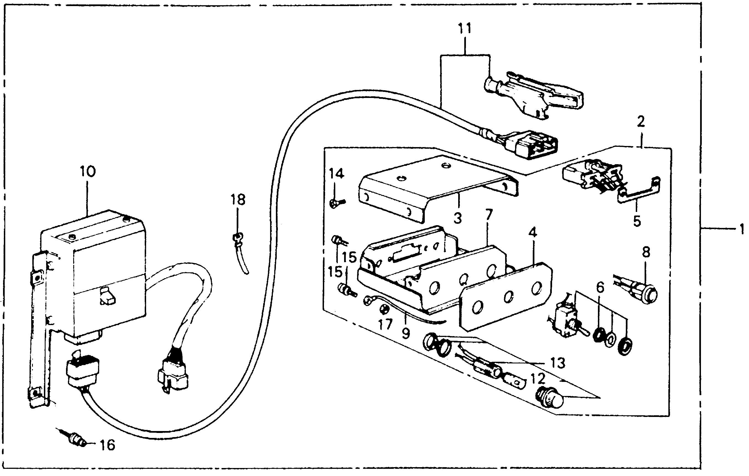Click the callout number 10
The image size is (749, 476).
(x=88, y=172)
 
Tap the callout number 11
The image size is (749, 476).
(x=465, y=29)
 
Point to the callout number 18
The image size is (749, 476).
(x=238, y=200)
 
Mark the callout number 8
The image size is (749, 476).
(x=646, y=252)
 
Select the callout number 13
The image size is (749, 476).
(x=557, y=363)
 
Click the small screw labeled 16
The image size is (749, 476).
(x=75, y=439)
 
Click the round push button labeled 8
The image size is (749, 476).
(x=650, y=293)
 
